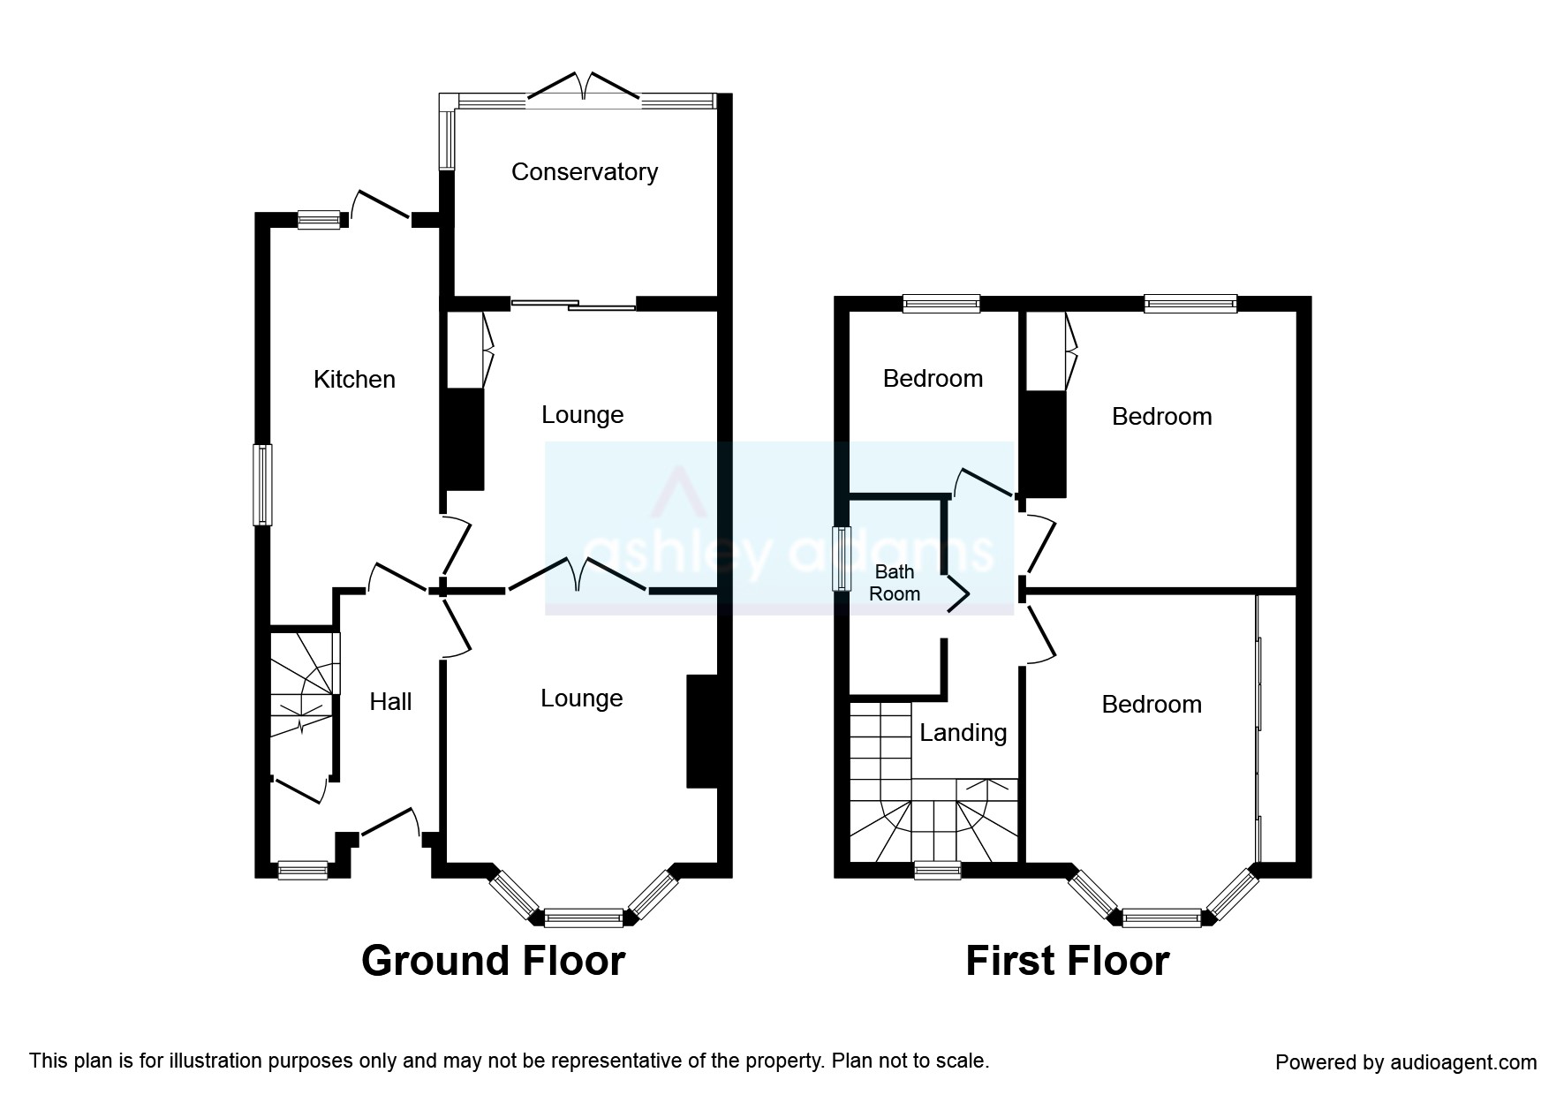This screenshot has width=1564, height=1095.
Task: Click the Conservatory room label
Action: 585,171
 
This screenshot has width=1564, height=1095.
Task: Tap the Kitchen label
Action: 354,380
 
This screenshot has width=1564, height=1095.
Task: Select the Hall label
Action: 390,702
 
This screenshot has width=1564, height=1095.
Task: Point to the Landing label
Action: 963,733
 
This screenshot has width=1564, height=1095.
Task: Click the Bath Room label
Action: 895,583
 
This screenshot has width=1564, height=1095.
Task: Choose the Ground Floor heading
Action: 493,961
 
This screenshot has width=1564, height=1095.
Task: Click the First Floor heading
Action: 1067,961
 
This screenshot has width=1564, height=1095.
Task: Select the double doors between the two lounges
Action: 578,574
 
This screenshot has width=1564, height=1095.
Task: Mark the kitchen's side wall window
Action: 262,485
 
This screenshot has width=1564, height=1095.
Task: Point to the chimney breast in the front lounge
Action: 702,731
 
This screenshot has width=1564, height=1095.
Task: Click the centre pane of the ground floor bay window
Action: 583,918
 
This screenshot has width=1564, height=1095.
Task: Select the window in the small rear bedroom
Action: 941,304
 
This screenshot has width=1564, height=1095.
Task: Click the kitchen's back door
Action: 381,204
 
